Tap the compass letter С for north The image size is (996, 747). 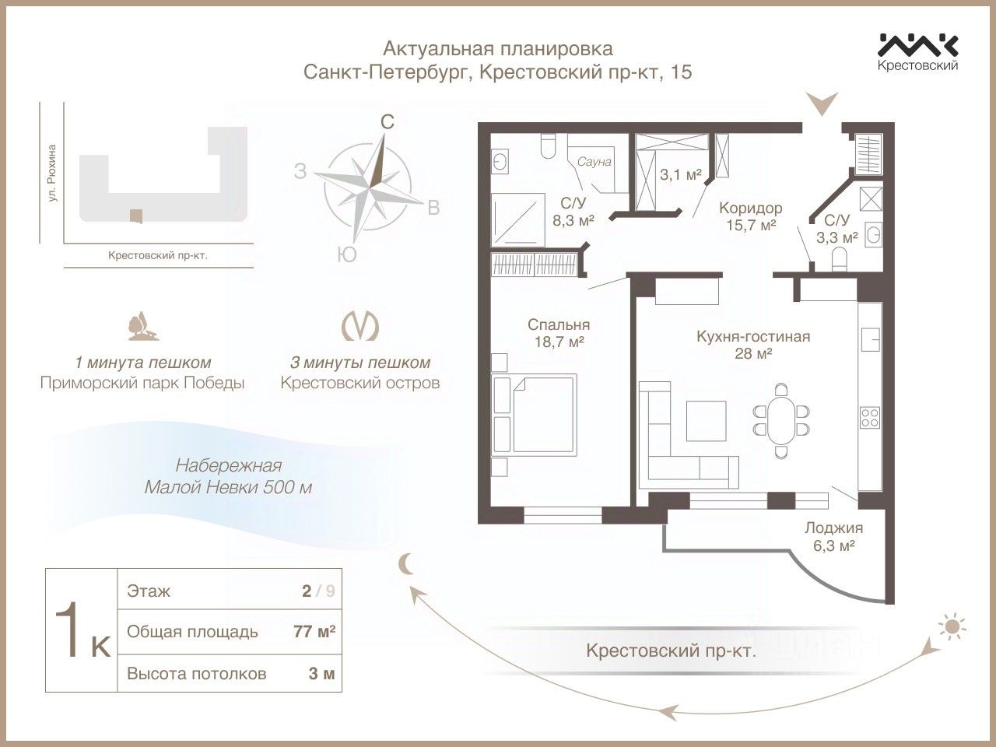point(387,122)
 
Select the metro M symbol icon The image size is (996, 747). point(360,326)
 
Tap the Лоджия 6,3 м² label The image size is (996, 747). point(833,536)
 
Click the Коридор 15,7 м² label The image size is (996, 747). point(750,216)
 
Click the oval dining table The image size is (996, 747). point(781,419)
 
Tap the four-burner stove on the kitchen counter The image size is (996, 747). point(869,417)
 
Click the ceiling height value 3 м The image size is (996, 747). point(321,673)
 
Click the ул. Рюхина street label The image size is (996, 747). point(52,174)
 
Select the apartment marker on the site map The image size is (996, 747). point(135,216)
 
